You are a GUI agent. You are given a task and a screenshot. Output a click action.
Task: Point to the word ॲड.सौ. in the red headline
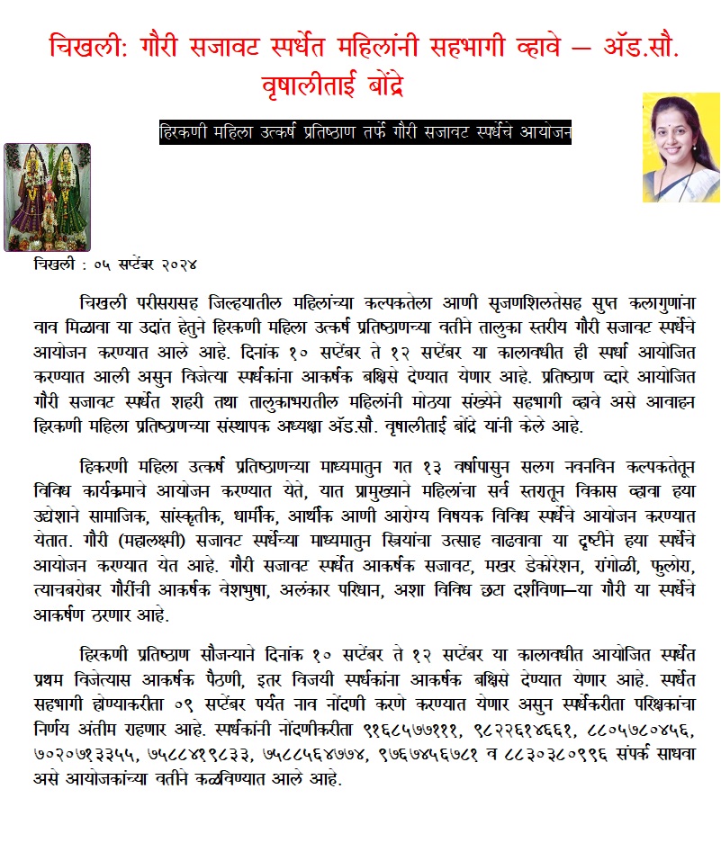point(634,46)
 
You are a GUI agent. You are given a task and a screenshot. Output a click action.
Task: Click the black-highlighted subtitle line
point(365,131)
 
